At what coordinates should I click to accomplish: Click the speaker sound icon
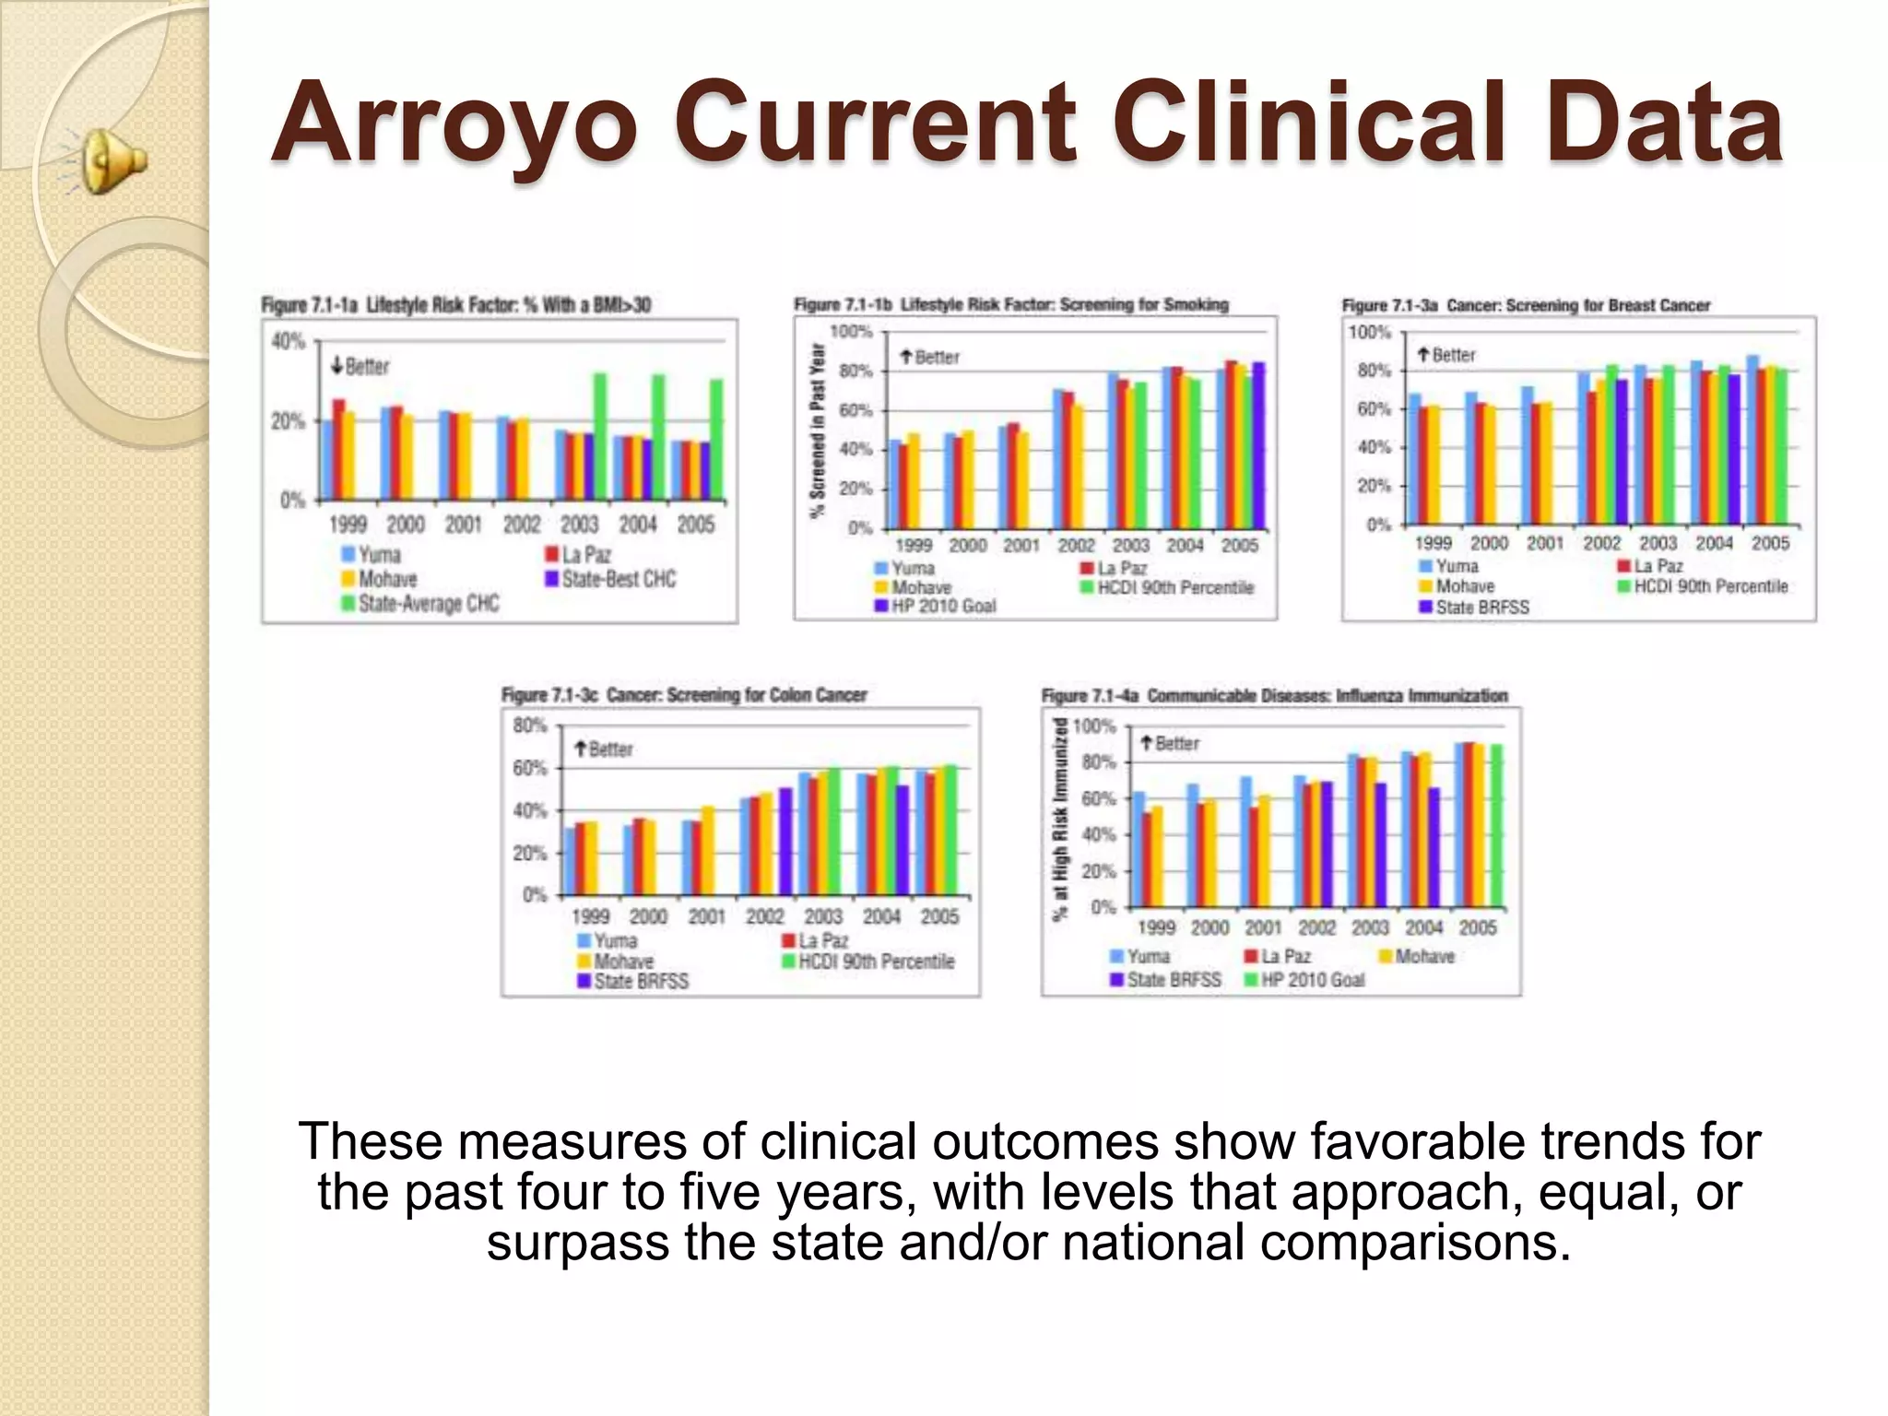pyautogui.click(x=112, y=162)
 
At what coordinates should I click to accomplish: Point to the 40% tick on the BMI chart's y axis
pyautogui.click(x=288, y=342)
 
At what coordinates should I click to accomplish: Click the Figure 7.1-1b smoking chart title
pyautogui.click(x=1010, y=304)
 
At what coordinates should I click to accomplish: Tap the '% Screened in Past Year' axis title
pyautogui.click(x=817, y=431)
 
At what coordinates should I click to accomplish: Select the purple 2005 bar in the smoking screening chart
pyautogui.click(x=1258, y=444)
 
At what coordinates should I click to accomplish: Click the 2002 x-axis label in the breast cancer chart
pyautogui.click(x=1601, y=543)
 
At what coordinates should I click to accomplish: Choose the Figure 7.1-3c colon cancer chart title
pyautogui.click(x=683, y=695)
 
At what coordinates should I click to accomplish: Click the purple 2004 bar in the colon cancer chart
pyautogui.click(x=902, y=839)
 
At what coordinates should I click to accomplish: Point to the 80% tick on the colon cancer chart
pyautogui.click(x=530, y=726)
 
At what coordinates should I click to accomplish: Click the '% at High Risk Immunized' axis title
pyautogui.click(x=1060, y=819)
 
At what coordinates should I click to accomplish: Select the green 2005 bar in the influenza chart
pyautogui.click(x=1496, y=825)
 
